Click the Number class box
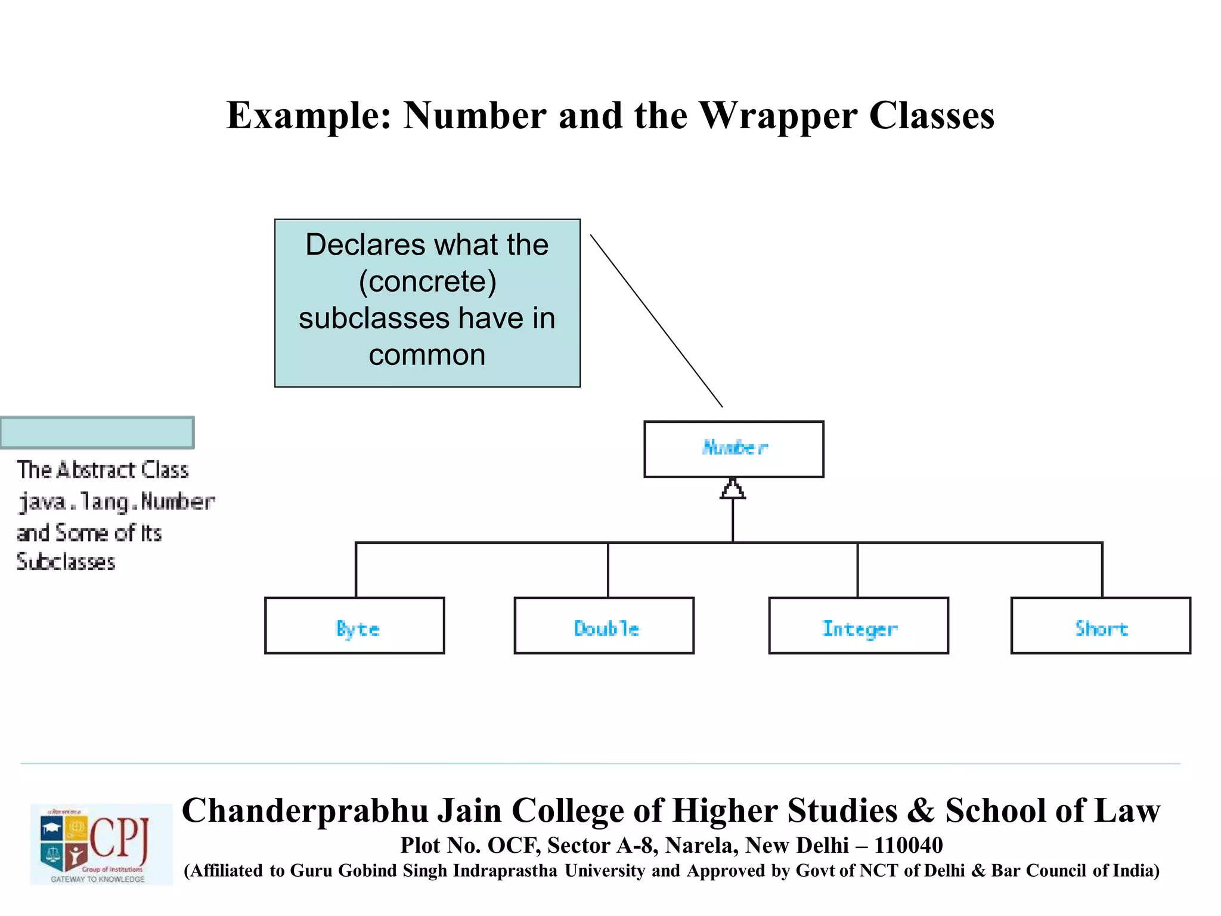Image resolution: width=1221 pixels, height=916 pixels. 733,449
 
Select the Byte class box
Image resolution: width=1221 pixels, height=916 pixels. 355,626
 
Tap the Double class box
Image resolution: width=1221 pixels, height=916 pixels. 604,626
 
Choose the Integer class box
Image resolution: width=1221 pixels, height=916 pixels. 859,626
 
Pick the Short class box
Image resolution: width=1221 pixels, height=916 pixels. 1101,626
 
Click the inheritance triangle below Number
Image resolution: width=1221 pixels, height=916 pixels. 733,490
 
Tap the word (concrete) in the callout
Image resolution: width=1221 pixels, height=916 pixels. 427,281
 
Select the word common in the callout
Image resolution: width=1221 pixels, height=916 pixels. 427,355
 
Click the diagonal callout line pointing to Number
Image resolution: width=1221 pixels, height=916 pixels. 656,320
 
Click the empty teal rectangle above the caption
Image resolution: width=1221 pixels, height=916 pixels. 97,432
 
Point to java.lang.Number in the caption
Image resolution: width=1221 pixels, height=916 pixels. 116,502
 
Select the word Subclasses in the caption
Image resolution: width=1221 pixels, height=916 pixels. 66,562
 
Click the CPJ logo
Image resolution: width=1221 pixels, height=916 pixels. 101,844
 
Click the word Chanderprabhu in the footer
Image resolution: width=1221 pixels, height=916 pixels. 305,810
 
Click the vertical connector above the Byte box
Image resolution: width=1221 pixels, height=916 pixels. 356,570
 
